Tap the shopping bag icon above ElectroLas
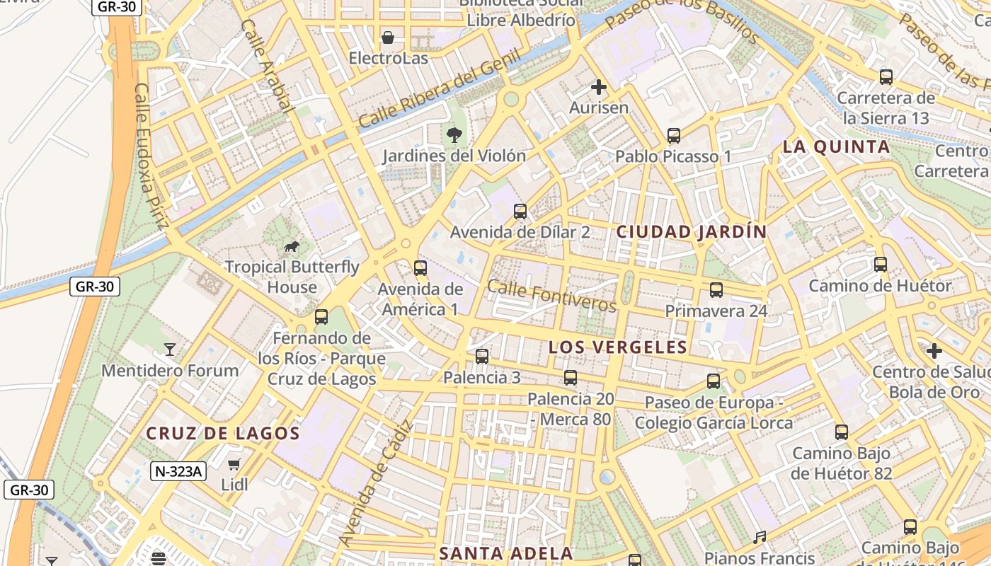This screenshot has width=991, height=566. pyautogui.click(x=388, y=37)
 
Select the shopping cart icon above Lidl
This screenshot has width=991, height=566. pyautogui.click(x=234, y=465)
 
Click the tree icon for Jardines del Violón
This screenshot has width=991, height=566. pyautogui.click(x=453, y=134)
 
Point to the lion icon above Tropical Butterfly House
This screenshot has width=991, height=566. pyautogui.click(x=291, y=246)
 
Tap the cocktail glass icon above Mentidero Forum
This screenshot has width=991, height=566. pyautogui.click(x=169, y=349)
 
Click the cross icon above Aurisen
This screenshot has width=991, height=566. pyautogui.click(x=599, y=87)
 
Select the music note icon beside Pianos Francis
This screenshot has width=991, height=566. pyautogui.click(x=760, y=538)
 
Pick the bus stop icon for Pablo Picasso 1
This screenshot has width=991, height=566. pyautogui.click(x=673, y=135)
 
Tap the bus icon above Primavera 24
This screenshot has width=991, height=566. pyautogui.click(x=716, y=289)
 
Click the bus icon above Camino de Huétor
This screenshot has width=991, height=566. pyautogui.click(x=880, y=265)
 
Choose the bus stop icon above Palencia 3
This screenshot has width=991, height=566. pyautogui.click(x=482, y=356)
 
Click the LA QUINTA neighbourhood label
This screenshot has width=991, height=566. pyautogui.click(x=836, y=147)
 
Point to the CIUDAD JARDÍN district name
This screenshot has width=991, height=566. pyautogui.click(x=692, y=232)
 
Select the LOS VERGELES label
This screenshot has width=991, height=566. pyautogui.click(x=618, y=347)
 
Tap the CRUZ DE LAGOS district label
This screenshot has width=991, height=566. pyautogui.click(x=223, y=434)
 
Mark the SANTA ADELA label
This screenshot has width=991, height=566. pyautogui.click(x=505, y=553)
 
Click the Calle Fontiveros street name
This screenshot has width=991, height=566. pyautogui.click(x=552, y=296)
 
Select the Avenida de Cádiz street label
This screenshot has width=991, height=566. pyautogui.click(x=375, y=484)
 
